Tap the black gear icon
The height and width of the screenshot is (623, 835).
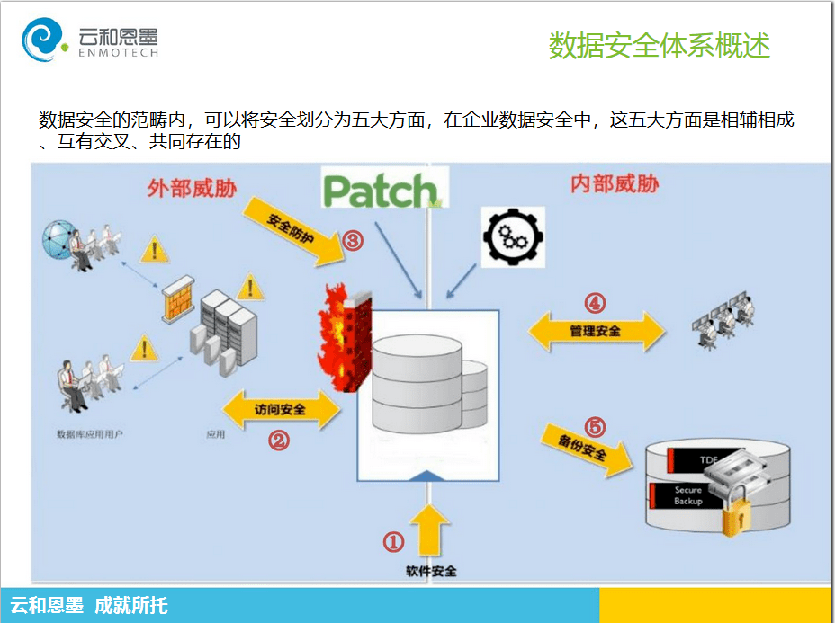point(514,236)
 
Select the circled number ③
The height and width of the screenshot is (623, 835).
point(352,241)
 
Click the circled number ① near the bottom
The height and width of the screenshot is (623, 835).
point(394,541)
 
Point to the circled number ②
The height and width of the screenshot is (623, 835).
point(279,441)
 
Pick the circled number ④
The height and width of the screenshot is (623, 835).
point(595,302)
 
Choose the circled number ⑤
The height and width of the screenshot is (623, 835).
point(595,426)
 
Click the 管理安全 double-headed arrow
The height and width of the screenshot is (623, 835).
point(595,332)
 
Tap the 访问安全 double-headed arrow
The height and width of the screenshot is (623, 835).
point(280,410)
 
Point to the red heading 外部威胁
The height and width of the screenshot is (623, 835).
point(192,189)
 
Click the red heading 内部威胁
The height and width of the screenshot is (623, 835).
point(615,184)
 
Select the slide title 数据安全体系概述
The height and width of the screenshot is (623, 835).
point(660,46)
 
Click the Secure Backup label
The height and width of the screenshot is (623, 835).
point(688,495)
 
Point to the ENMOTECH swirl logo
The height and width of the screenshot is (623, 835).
point(43,41)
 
